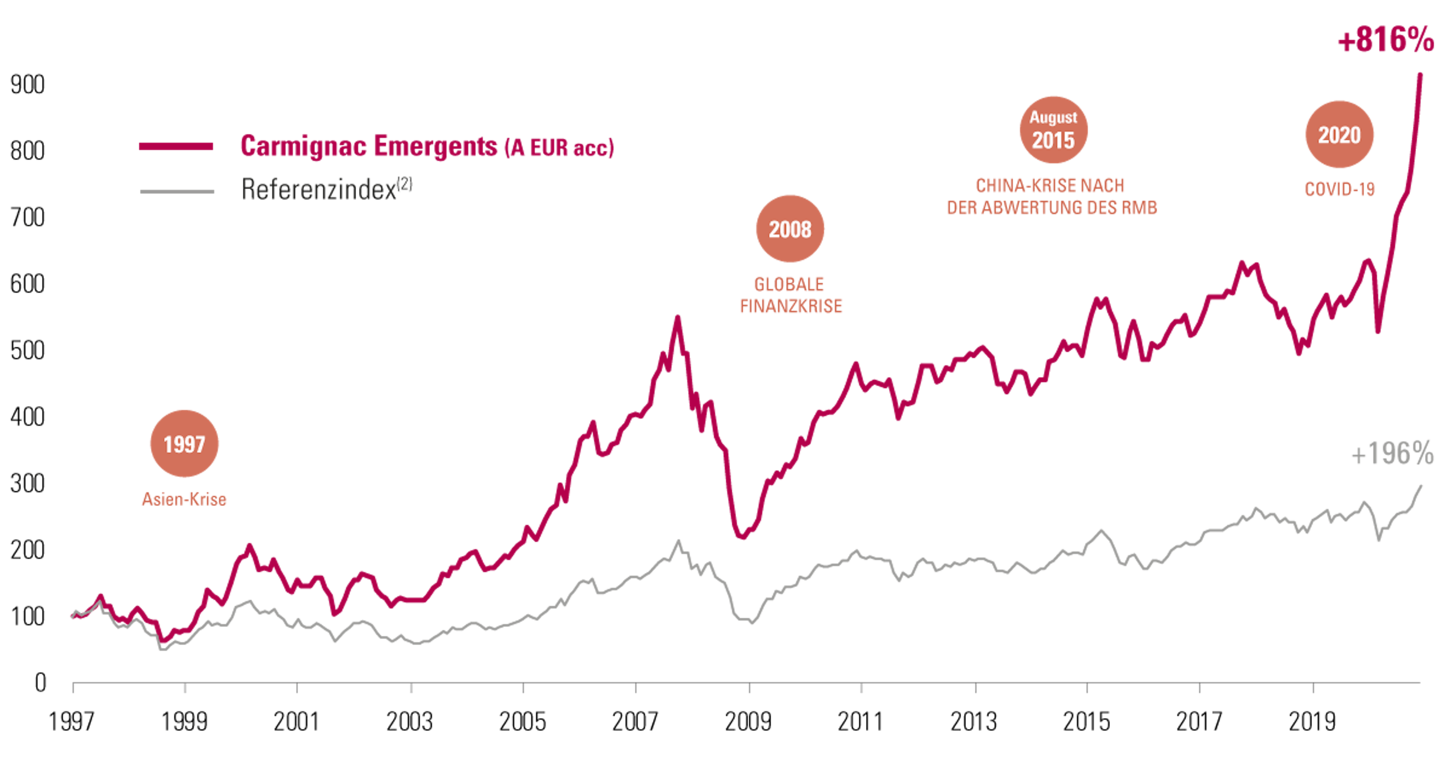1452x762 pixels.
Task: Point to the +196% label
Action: (1392, 454)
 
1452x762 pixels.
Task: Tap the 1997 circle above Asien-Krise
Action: (184, 444)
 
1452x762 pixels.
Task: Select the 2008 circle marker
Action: (790, 229)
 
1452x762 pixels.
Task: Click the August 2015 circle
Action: (1053, 130)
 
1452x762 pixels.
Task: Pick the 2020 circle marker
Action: (1339, 135)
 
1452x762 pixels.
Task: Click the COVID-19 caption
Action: (1339, 189)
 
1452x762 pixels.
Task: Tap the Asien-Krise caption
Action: (184, 499)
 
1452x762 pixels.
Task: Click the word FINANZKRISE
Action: (791, 306)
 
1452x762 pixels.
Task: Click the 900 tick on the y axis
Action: (27, 85)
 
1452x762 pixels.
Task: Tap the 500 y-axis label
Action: (27, 350)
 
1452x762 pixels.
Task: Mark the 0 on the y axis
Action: (40, 683)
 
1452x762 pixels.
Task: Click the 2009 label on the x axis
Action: (748, 722)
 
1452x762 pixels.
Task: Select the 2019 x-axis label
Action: (1312, 722)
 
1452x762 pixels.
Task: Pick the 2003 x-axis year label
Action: (410, 722)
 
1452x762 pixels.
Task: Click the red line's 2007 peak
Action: (678, 318)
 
